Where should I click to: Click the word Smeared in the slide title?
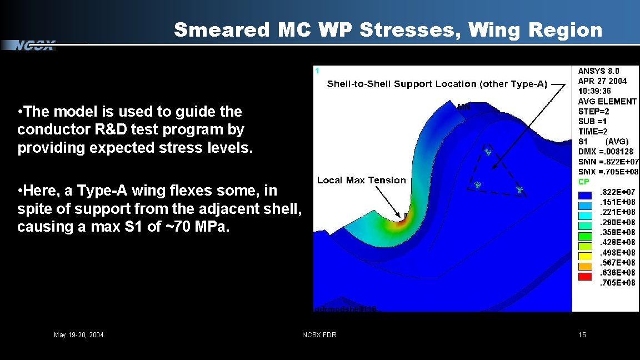click(x=221, y=30)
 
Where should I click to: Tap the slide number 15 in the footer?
click(x=582, y=334)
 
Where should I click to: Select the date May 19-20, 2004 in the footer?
click(x=78, y=334)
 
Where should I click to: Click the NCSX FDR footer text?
click(x=319, y=334)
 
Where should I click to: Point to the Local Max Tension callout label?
click(x=361, y=180)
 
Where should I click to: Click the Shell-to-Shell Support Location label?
click(x=437, y=84)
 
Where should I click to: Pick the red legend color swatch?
click(x=585, y=276)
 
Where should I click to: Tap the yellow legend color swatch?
click(x=585, y=256)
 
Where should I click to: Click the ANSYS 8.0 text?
click(x=598, y=71)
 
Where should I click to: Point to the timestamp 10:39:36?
click(x=594, y=91)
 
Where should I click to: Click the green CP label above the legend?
click(x=584, y=182)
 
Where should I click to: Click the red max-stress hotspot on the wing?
click(x=401, y=221)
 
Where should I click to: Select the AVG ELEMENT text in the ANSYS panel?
click(x=607, y=101)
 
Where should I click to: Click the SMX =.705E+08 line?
click(x=608, y=172)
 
